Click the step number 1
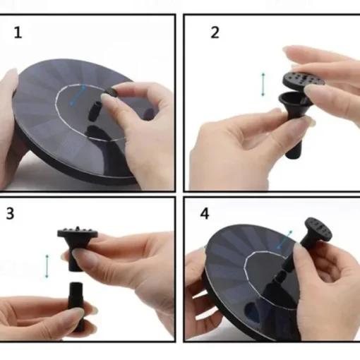[x=18, y=32]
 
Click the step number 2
[x=215, y=32]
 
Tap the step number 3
[x=10, y=214]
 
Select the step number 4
[x=205, y=214]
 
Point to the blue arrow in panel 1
[x=78, y=95]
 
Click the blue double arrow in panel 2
[x=263, y=85]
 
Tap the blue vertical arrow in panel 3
[x=47, y=266]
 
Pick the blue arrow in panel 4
[x=284, y=239]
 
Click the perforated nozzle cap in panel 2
[x=303, y=80]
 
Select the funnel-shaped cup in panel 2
[x=294, y=104]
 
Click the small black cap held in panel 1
[x=112, y=92]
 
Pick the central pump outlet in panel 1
[x=95, y=110]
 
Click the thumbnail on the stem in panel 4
[x=297, y=252]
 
